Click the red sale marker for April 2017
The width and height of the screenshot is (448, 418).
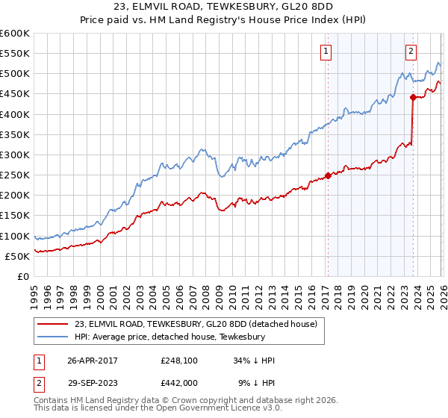[x=328, y=176]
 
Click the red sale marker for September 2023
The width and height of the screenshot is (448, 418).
[x=413, y=96]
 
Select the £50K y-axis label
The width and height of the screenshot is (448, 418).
[x=16, y=257]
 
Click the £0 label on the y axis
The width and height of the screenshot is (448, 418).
[x=22, y=277]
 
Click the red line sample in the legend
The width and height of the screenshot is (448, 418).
[x=53, y=324]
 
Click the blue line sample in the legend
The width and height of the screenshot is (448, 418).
[x=53, y=337]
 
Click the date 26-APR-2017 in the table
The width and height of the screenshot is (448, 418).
[x=92, y=361]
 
